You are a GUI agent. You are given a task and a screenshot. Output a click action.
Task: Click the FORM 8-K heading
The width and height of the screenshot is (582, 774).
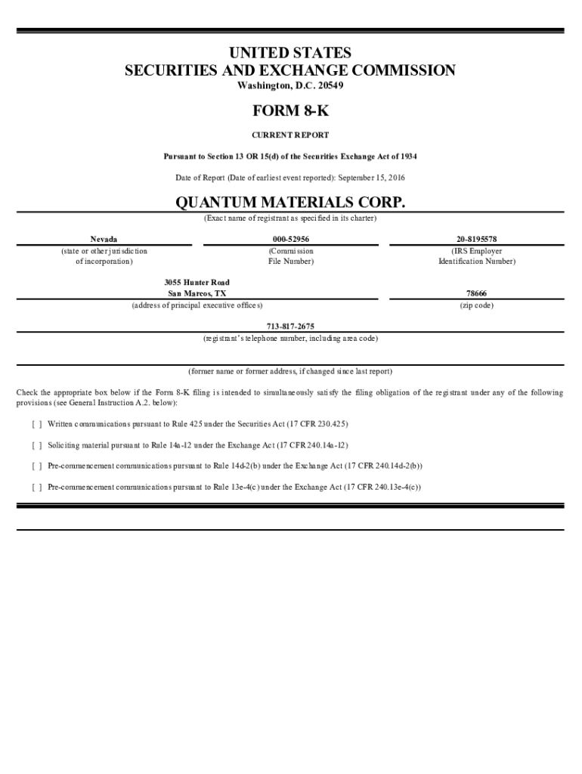[290, 111]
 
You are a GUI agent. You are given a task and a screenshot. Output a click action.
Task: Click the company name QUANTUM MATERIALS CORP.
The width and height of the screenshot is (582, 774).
[290, 203]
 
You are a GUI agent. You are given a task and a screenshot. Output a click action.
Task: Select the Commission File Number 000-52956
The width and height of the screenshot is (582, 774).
[290, 239]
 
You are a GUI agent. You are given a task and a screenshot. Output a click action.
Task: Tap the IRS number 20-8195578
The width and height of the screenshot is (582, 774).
[476, 239]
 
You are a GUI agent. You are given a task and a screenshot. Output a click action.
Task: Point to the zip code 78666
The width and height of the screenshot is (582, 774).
[476, 293]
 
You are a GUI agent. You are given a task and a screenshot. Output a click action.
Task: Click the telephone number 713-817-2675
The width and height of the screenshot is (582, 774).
[290, 327]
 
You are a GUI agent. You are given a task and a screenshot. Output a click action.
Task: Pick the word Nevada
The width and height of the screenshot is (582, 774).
[104, 239]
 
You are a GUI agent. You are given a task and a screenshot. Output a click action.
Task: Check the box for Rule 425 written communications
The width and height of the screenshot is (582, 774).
[37, 424]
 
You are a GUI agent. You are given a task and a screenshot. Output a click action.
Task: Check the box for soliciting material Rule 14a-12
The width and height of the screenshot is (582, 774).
[37, 445]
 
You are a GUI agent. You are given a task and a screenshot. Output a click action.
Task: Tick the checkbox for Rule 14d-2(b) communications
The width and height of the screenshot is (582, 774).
[37, 466]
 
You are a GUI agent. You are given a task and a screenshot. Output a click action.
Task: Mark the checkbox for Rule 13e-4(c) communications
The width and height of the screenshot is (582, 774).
[37, 488]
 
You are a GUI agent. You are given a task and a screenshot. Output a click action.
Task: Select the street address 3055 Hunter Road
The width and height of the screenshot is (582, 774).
[197, 282]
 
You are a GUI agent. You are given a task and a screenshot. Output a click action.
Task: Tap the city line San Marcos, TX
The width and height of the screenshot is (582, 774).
[197, 293]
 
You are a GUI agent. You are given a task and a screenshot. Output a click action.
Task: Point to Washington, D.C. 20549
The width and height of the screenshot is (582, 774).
[290, 85]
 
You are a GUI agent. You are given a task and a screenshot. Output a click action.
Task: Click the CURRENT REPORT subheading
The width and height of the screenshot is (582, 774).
[290, 135]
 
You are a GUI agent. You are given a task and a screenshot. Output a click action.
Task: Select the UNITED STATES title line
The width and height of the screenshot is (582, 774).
[290, 53]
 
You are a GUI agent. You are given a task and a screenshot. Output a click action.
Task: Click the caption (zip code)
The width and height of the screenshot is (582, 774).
[476, 305]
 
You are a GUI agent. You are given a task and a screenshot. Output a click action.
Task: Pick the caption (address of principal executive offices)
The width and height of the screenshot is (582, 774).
[197, 305]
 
